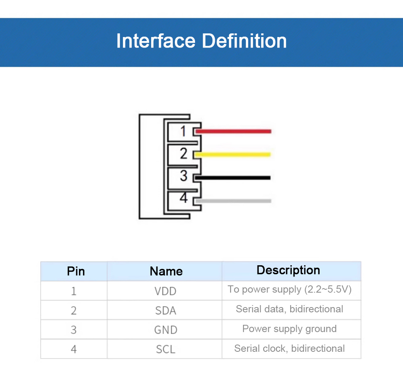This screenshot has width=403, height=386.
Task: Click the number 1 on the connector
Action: coord(183,131)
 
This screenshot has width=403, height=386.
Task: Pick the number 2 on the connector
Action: coord(184,153)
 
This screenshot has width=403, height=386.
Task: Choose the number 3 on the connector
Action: coord(184,176)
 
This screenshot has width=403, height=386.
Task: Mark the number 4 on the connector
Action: coord(184,198)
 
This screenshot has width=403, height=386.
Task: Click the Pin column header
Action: coord(76,271)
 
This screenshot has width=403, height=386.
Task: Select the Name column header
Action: coord(166,271)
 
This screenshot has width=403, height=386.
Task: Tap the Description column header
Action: coord(288,270)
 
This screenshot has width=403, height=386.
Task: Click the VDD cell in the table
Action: coord(165,291)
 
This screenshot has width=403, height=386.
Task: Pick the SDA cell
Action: coord(166,310)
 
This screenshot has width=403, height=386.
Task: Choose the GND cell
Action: coord(166,330)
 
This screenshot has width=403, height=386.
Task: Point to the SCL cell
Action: coord(166,349)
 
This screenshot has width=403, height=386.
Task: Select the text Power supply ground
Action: coord(289,329)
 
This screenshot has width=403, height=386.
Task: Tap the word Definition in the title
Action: coord(244,41)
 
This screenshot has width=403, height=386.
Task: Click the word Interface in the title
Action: coord(156,41)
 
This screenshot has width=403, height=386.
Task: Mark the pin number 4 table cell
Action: coord(74,349)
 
